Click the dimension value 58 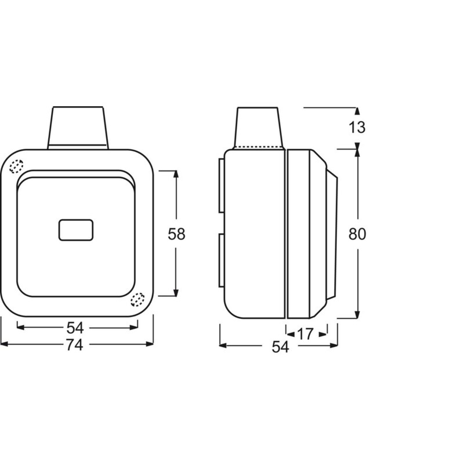pos(176,234)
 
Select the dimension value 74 pos(74,345)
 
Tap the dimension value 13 pos(357,127)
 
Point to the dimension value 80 pos(357,234)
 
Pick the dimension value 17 pos(305,335)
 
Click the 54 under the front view pos(75,328)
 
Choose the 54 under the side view pos(280,347)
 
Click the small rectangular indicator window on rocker pos(76,230)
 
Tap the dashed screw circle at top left pos(16,166)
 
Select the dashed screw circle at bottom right pos(137,299)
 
